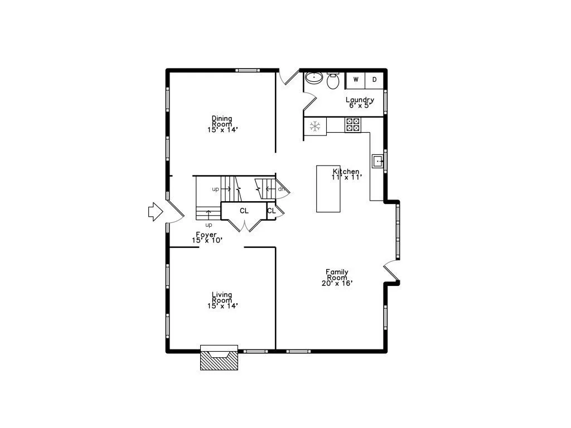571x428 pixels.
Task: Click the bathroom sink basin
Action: (314, 77)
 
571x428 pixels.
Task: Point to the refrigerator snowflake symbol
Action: (315, 127)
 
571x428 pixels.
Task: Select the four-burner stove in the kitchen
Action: (353, 124)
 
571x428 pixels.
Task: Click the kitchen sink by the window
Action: (378, 161)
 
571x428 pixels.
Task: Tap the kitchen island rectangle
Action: (328, 188)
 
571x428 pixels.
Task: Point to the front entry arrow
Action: (156, 211)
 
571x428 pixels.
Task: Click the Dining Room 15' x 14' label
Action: (222, 124)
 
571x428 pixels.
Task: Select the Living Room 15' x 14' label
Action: (222, 300)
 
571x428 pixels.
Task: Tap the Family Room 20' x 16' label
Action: (337, 278)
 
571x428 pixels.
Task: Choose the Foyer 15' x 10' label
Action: (207, 237)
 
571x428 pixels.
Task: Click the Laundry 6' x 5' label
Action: (360, 103)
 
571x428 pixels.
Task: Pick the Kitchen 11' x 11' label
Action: (346, 174)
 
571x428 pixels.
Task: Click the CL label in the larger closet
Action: (244, 211)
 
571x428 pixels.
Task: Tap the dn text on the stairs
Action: (281, 189)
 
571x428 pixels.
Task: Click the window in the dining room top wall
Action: (247, 70)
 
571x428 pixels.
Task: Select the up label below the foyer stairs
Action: (209, 225)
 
